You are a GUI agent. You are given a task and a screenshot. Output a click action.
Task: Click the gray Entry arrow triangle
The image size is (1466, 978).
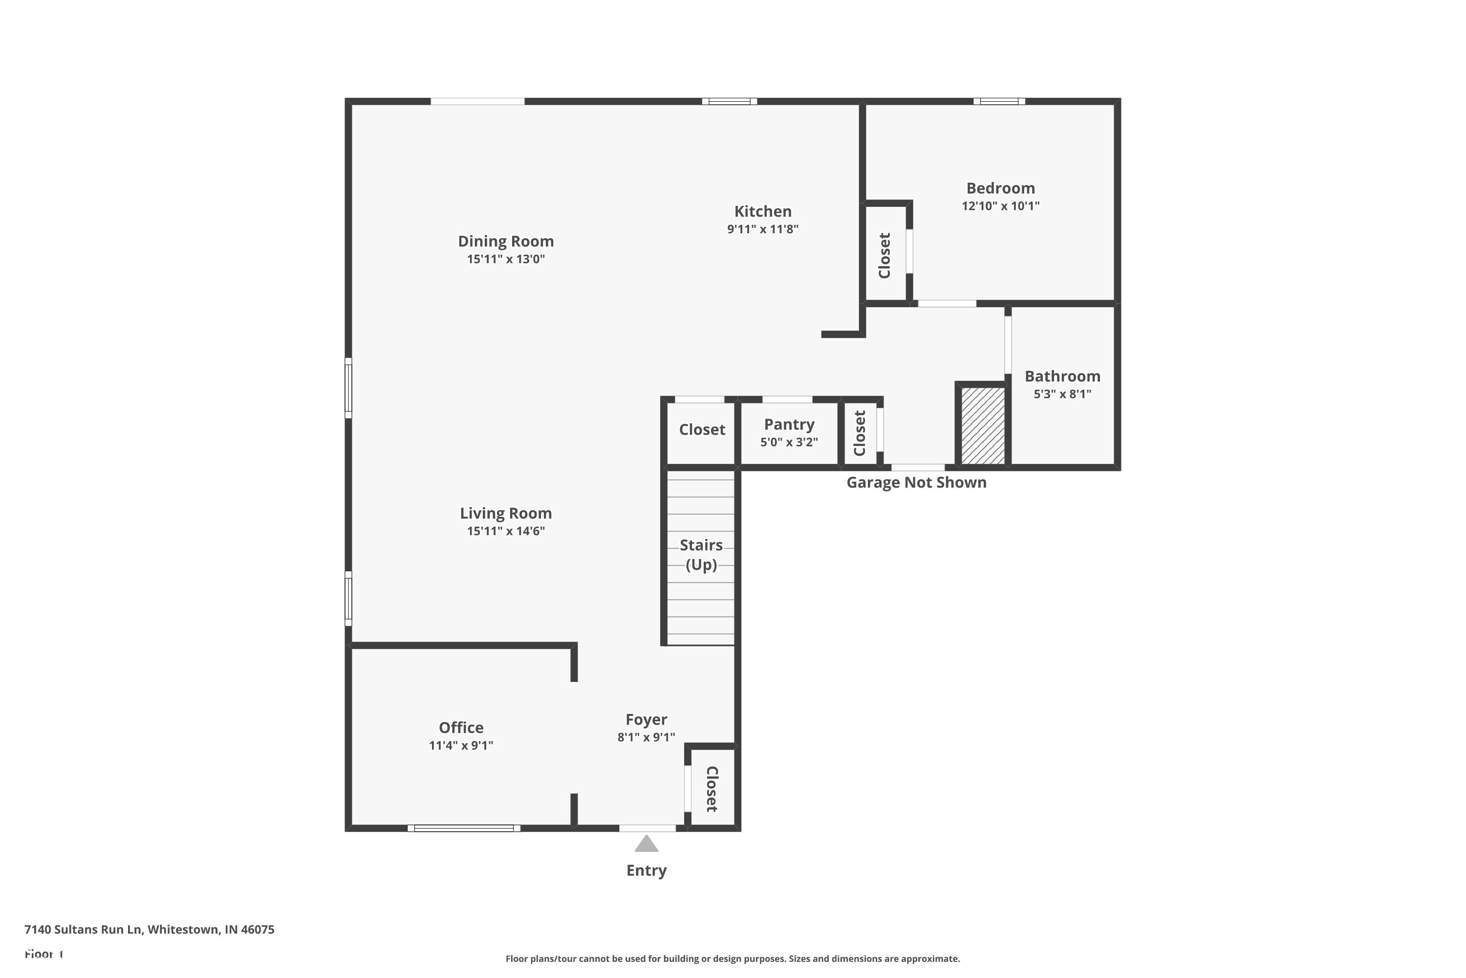(x=647, y=844)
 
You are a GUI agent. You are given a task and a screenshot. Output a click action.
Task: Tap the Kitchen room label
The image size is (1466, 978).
(x=762, y=211)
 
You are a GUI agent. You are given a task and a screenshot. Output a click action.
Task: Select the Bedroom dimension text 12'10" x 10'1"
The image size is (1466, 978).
(x=1000, y=206)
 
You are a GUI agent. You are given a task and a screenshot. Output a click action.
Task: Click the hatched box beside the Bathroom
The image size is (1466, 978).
(x=983, y=425)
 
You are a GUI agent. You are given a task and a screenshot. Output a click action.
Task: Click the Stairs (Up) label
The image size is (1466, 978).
(x=701, y=555)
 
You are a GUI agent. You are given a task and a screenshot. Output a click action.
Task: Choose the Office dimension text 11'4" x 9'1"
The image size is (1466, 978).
(x=461, y=745)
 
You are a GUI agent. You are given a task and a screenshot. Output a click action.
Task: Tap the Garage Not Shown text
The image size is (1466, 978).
(x=916, y=482)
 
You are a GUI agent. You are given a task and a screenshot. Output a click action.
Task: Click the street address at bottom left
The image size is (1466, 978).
(x=149, y=930)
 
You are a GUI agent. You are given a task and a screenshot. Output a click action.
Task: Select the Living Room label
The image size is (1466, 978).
(x=505, y=513)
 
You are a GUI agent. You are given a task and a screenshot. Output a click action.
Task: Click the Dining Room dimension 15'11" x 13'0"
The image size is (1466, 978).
(x=505, y=259)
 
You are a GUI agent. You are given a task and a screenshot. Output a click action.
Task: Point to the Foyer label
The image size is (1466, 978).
(x=647, y=720)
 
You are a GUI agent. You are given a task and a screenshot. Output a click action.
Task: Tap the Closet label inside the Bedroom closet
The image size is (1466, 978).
(x=884, y=255)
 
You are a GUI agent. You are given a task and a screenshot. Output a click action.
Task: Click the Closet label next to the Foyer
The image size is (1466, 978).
(x=712, y=789)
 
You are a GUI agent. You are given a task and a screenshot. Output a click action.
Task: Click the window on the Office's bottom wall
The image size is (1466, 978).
(x=464, y=828)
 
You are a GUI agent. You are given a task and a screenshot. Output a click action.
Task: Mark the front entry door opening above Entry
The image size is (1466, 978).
(x=647, y=828)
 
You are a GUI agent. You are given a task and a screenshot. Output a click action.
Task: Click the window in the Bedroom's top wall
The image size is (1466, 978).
(x=999, y=101)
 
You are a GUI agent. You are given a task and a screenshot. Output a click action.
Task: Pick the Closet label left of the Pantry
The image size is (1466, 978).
(x=702, y=430)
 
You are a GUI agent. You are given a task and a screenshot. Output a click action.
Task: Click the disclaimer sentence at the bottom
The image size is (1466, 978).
(x=733, y=958)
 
